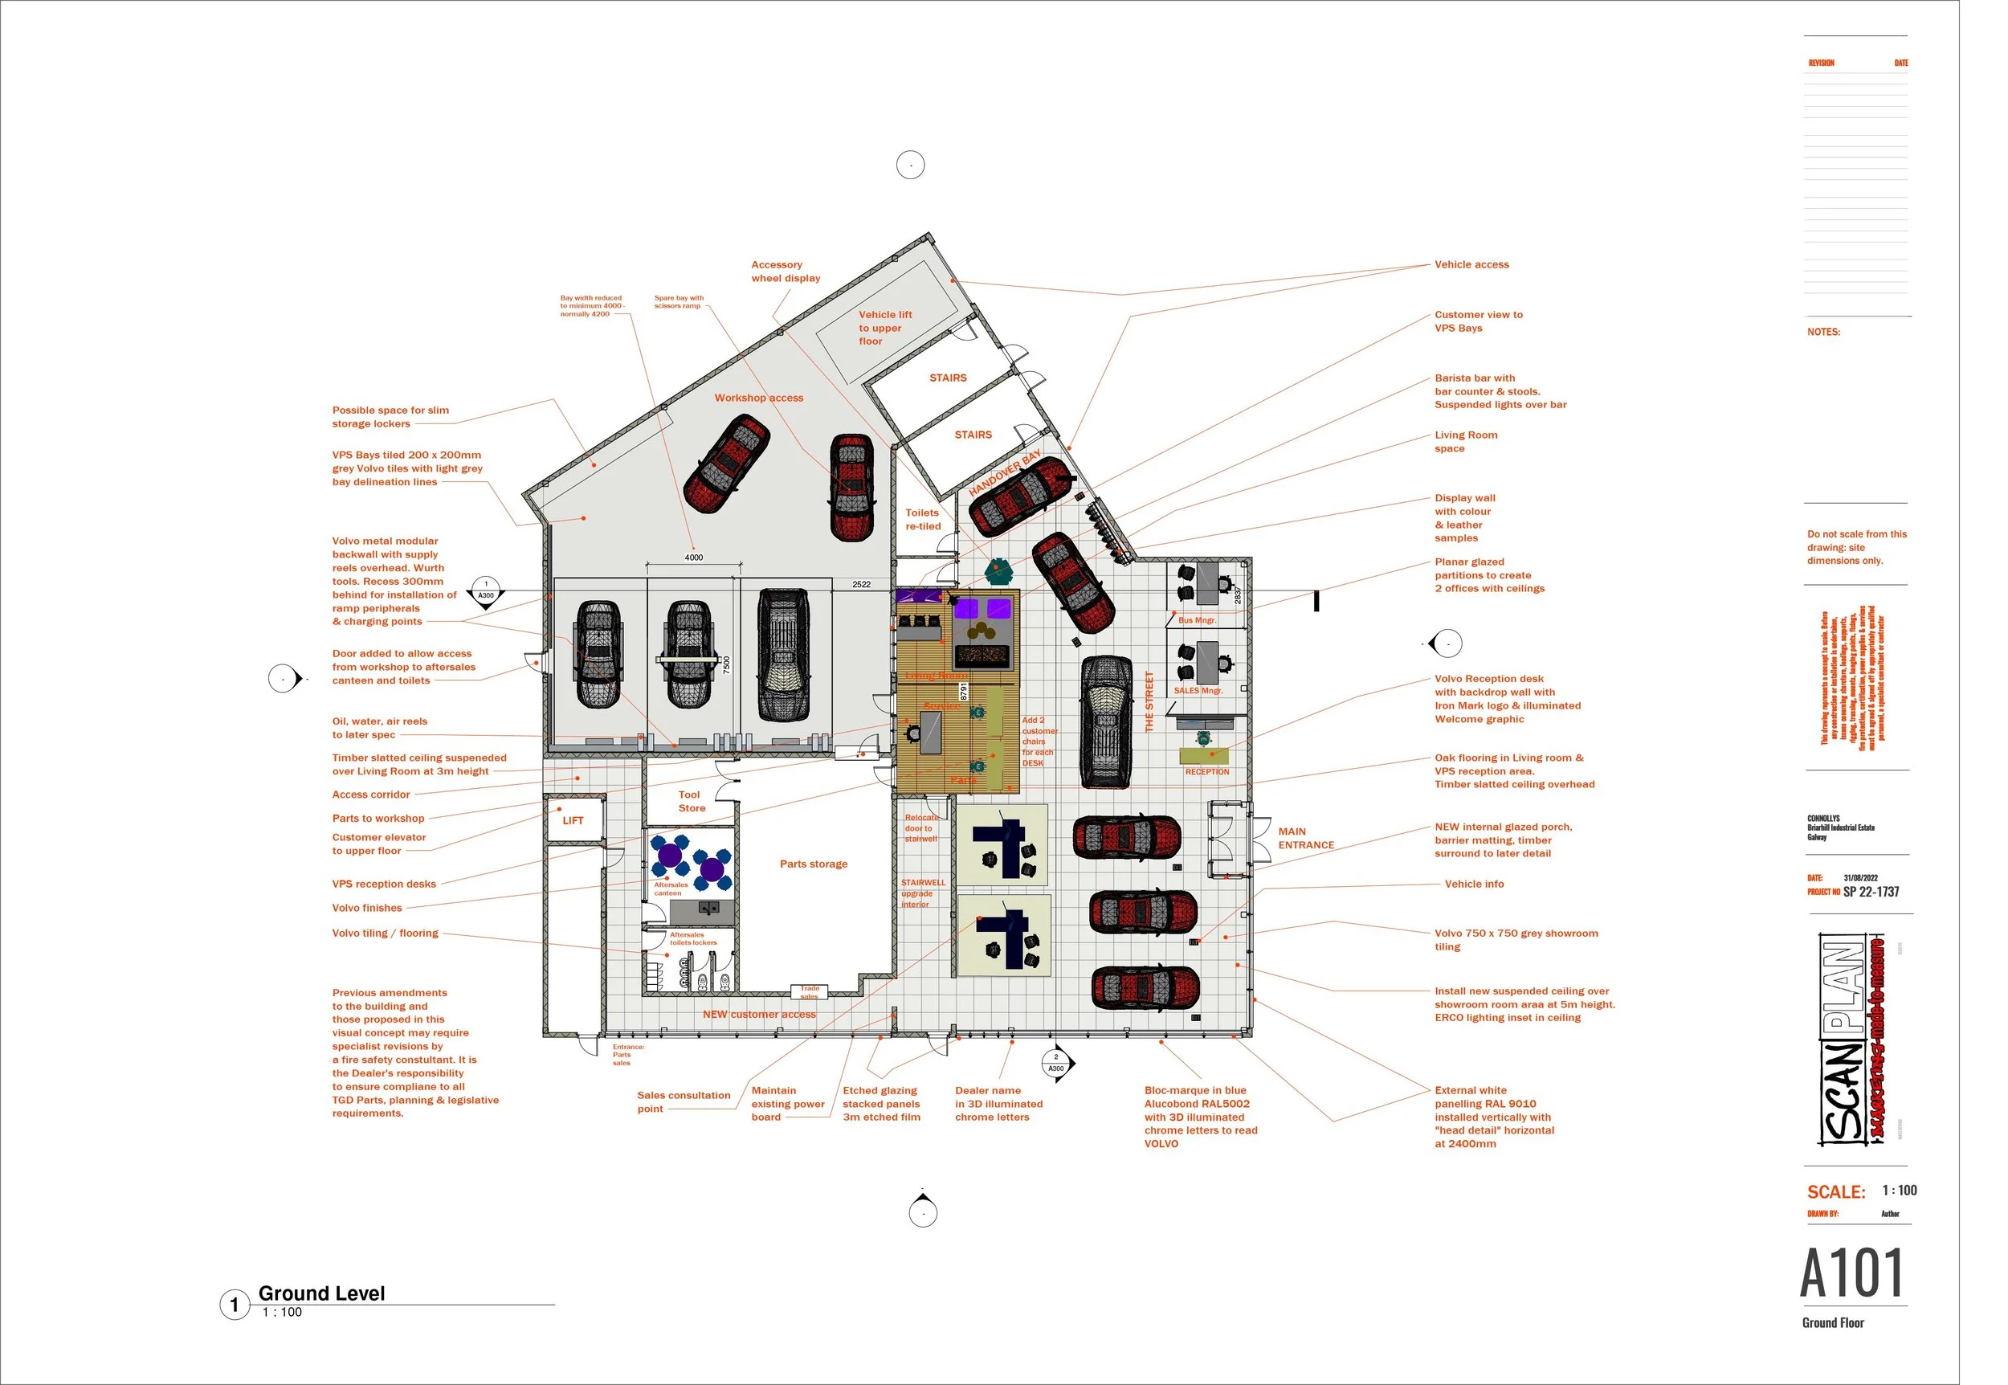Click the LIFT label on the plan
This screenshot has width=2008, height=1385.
tap(573, 820)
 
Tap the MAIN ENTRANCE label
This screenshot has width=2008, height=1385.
tap(1305, 838)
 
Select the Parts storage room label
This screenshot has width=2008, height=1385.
tap(813, 864)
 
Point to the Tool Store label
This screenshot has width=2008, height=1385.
tap(692, 801)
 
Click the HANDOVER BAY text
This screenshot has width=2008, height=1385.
tap(1005, 473)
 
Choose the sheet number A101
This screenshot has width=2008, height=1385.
tap(1851, 1273)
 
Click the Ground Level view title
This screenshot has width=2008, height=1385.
tap(321, 1293)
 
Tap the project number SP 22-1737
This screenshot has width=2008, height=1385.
tap(1870, 891)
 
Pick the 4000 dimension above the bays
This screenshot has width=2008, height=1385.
tap(694, 557)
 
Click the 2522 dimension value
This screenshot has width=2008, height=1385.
tap(861, 584)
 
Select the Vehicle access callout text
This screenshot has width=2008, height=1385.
tap(1471, 264)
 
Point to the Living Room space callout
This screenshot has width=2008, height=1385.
tap(1465, 442)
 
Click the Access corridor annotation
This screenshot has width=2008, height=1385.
tap(371, 794)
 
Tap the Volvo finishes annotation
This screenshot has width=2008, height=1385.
tap(367, 908)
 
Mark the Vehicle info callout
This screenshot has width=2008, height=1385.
tap(1474, 884)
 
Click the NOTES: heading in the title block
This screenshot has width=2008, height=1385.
tap(1823, 332)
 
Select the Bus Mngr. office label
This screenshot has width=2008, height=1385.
tap(1197, 620)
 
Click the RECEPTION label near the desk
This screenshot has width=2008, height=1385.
tap(1206, 771)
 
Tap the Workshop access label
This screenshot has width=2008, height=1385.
tap(758, 398)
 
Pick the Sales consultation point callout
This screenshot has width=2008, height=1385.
tap(683, 1102)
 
